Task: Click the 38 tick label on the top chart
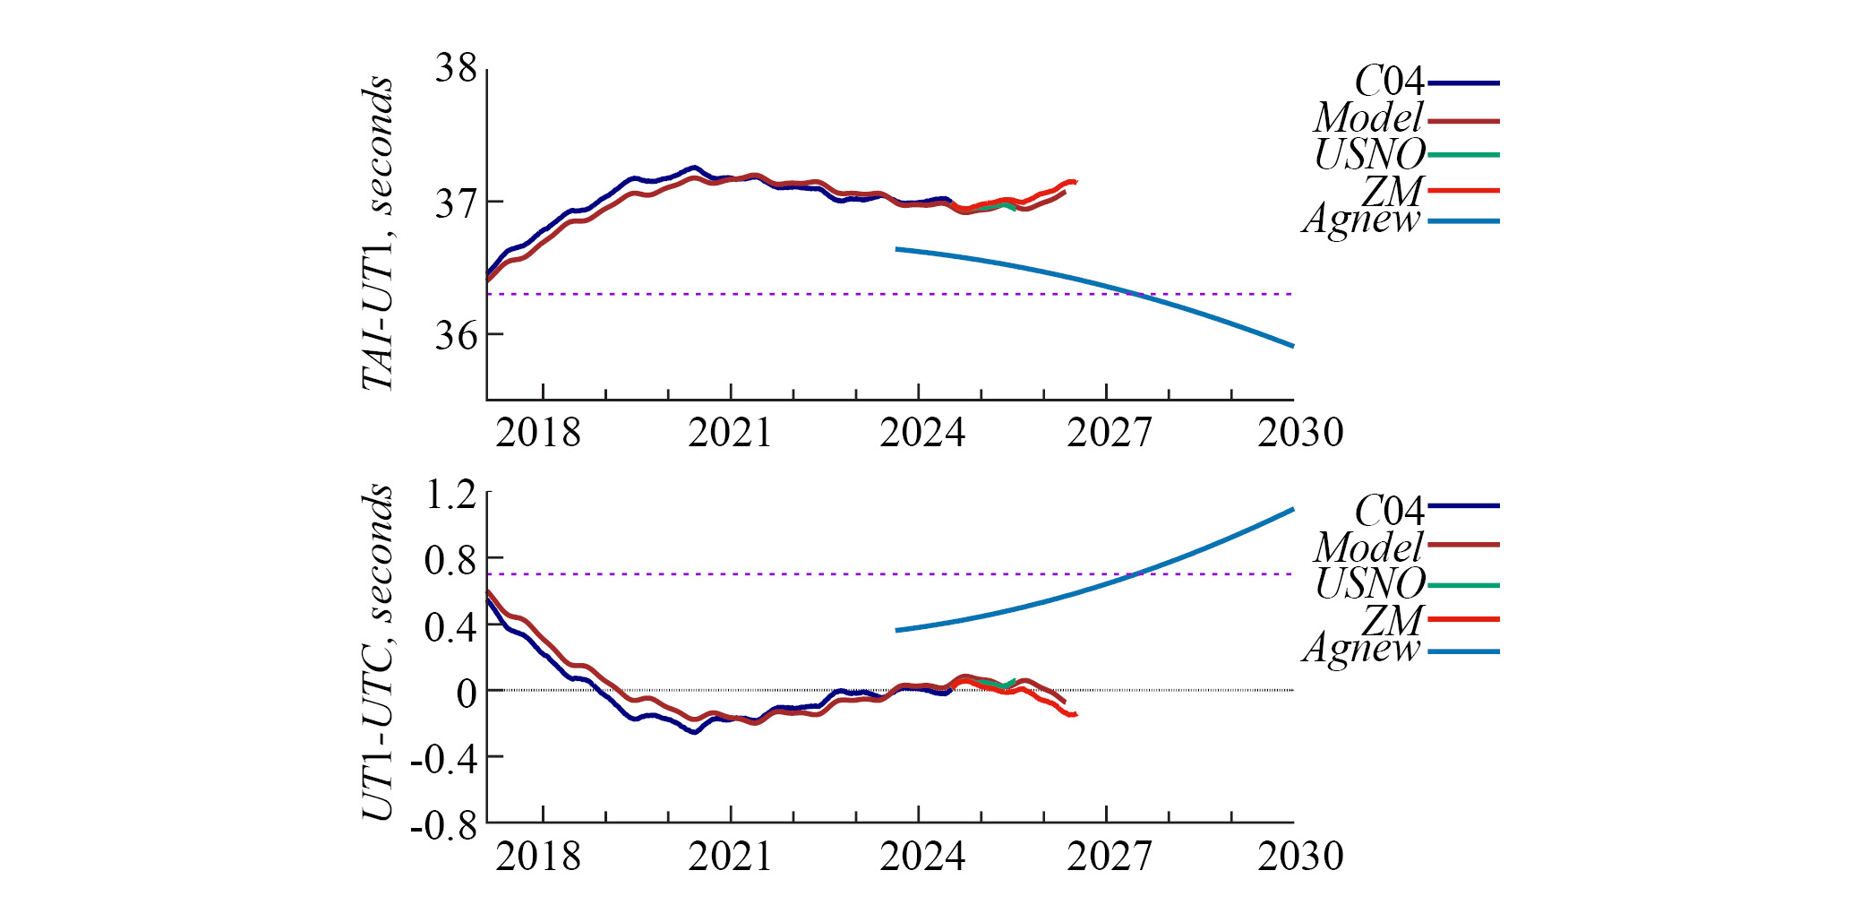tap(456, 68)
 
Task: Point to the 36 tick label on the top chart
tap(456, 335)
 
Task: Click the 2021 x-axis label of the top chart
tap(730, 433)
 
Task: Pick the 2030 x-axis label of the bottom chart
tap(1300, 857)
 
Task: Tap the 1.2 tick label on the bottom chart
tap(450, 495)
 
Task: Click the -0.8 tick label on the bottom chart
tap(443, 826)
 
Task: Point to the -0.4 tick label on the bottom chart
tap(443, 759)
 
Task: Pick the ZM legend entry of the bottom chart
tap(1393, 619)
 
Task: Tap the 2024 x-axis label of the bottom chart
tap(922, 857)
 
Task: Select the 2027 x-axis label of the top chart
tap(1109, 433)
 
